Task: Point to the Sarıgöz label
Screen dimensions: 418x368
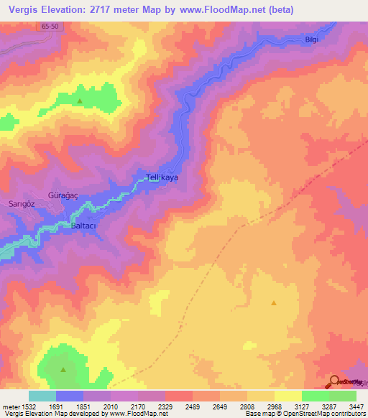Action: (x=21, y=204)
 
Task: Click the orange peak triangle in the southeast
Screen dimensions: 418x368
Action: (x=274, y=302)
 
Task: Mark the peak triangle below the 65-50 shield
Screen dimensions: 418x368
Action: (x=80, y=101)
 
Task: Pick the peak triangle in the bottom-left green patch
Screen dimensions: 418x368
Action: (x=63, y=370)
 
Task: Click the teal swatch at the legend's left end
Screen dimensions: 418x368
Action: (x=42, y=396)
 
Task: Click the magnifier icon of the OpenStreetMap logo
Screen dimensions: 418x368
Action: (x=334, y=382)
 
